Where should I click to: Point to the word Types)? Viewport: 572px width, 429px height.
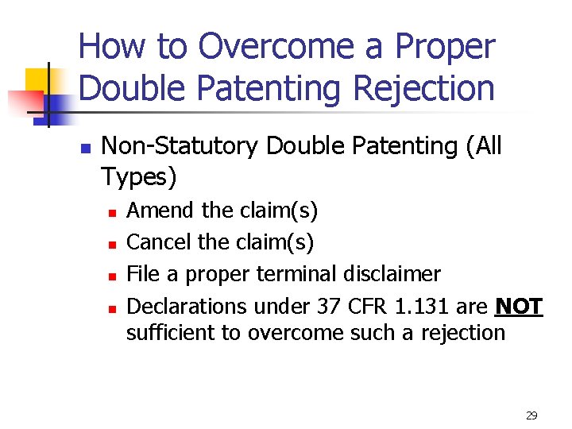point(139,177)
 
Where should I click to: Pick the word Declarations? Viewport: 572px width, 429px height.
point(187,306)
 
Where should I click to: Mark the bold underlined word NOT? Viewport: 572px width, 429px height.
point(519,306)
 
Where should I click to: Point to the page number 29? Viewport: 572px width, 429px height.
point(531,415)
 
